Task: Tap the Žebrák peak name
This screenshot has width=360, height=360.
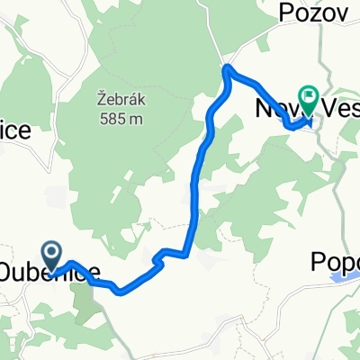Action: pos(120,99)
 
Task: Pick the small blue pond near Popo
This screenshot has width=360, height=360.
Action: pos(341,279)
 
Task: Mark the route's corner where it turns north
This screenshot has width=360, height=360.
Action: pos(190,249)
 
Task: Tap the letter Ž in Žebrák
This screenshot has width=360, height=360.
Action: pos(100,99)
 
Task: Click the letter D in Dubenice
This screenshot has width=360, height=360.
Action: pos(8,272)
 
